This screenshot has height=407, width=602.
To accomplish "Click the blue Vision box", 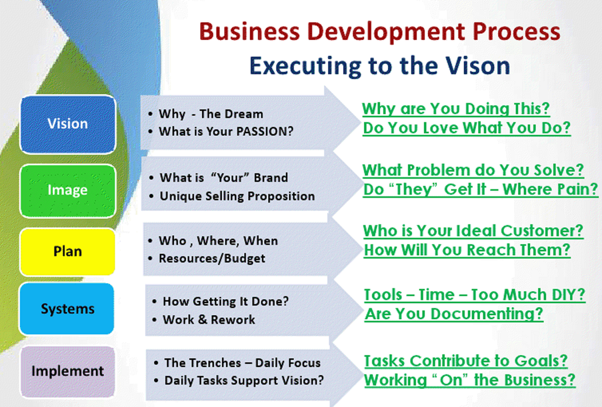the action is point(68,124).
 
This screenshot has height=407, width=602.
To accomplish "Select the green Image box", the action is point(68,191).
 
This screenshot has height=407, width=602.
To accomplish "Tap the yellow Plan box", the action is point(67,251).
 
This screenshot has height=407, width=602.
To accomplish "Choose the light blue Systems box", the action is point(67,309).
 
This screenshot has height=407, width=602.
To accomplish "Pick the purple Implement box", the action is point(68,372).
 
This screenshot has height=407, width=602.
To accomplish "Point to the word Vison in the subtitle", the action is point(478,66).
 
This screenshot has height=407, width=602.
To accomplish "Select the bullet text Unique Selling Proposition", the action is point(237,196).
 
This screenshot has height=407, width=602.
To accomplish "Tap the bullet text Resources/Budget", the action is point(212,258).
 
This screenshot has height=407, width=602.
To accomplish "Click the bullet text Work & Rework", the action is point(209,320).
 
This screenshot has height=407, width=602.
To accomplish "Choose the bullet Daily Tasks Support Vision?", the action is point(244,381).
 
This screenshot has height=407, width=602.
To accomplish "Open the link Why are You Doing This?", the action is point(456,109).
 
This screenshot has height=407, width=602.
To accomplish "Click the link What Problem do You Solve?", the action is point(473,170).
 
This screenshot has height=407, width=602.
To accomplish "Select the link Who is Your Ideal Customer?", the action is point(473,231).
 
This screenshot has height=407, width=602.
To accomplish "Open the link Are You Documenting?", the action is point(454,314).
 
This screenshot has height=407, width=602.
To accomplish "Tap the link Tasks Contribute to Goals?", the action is point(466,361).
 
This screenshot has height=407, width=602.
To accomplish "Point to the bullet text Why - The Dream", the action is point(210,114).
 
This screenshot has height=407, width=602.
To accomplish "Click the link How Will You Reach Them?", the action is point(467,250).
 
